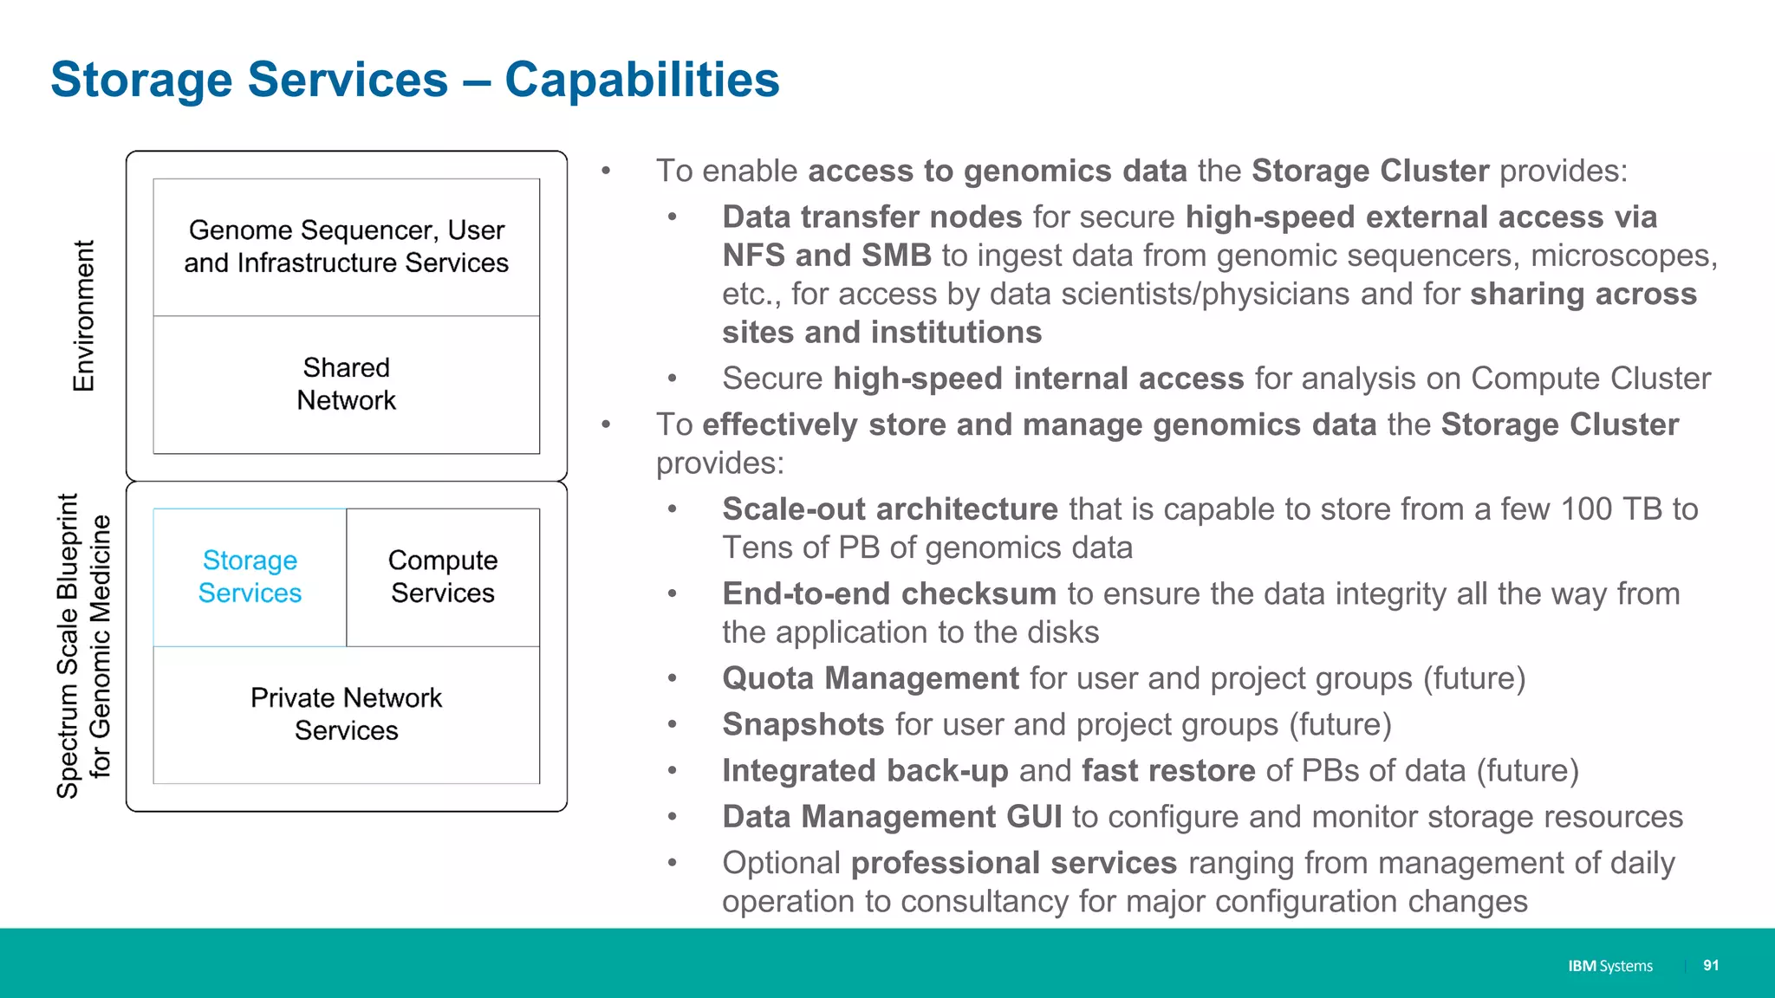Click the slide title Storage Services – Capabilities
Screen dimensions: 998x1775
click(x=414, y=80)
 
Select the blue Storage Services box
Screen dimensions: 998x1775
click(x=250, y=577)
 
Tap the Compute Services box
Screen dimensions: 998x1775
click(x=443, y=577)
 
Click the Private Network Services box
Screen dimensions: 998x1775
click(x=346, y=715)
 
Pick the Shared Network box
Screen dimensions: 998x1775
click(x=346, y=384)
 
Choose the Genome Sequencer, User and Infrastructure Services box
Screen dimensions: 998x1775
click(x=346, y=247)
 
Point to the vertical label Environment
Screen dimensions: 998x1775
click(x=83, y=316)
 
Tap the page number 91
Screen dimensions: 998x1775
click(x=1710, y=965)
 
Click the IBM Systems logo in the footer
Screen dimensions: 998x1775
click(x=1609, y=966)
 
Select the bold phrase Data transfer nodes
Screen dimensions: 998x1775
click(x=872, y=217)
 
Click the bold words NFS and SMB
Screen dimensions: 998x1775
click(x=826, y=256)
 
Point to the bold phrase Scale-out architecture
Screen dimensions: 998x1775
click(x=890, y=509)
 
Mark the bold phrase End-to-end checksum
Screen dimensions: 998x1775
click(x=889, y=594)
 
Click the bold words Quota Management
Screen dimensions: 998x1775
click(x=870, y=678)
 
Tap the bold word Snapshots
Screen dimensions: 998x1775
click(x=803, y=724)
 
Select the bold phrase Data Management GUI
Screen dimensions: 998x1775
click(x=892, y=817)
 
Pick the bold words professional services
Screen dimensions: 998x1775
click(x=1013, y=863)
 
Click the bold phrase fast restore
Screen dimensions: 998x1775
click(x=1168, y=771)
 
